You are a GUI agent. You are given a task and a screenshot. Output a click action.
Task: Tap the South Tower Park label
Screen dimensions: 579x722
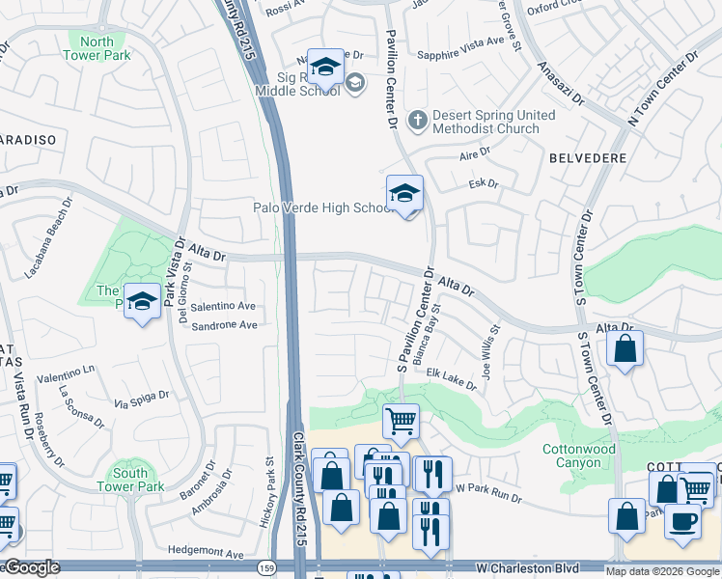[130, 480]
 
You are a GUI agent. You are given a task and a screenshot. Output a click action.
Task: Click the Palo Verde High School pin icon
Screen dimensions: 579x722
[404, 192]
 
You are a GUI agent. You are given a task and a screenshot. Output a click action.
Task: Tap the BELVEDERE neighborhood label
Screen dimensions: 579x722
[588, 157]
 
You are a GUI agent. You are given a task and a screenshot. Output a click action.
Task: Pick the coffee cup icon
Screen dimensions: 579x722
[682, 521]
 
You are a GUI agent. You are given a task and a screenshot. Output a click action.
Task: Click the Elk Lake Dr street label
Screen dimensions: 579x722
[453, 377]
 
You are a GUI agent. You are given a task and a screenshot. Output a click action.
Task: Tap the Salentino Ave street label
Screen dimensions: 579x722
[223, 306]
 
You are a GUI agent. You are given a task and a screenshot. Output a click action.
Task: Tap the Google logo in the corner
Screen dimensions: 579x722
[32, 567]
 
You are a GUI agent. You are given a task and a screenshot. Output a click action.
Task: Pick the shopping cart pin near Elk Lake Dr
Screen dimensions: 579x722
[401, 421]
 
